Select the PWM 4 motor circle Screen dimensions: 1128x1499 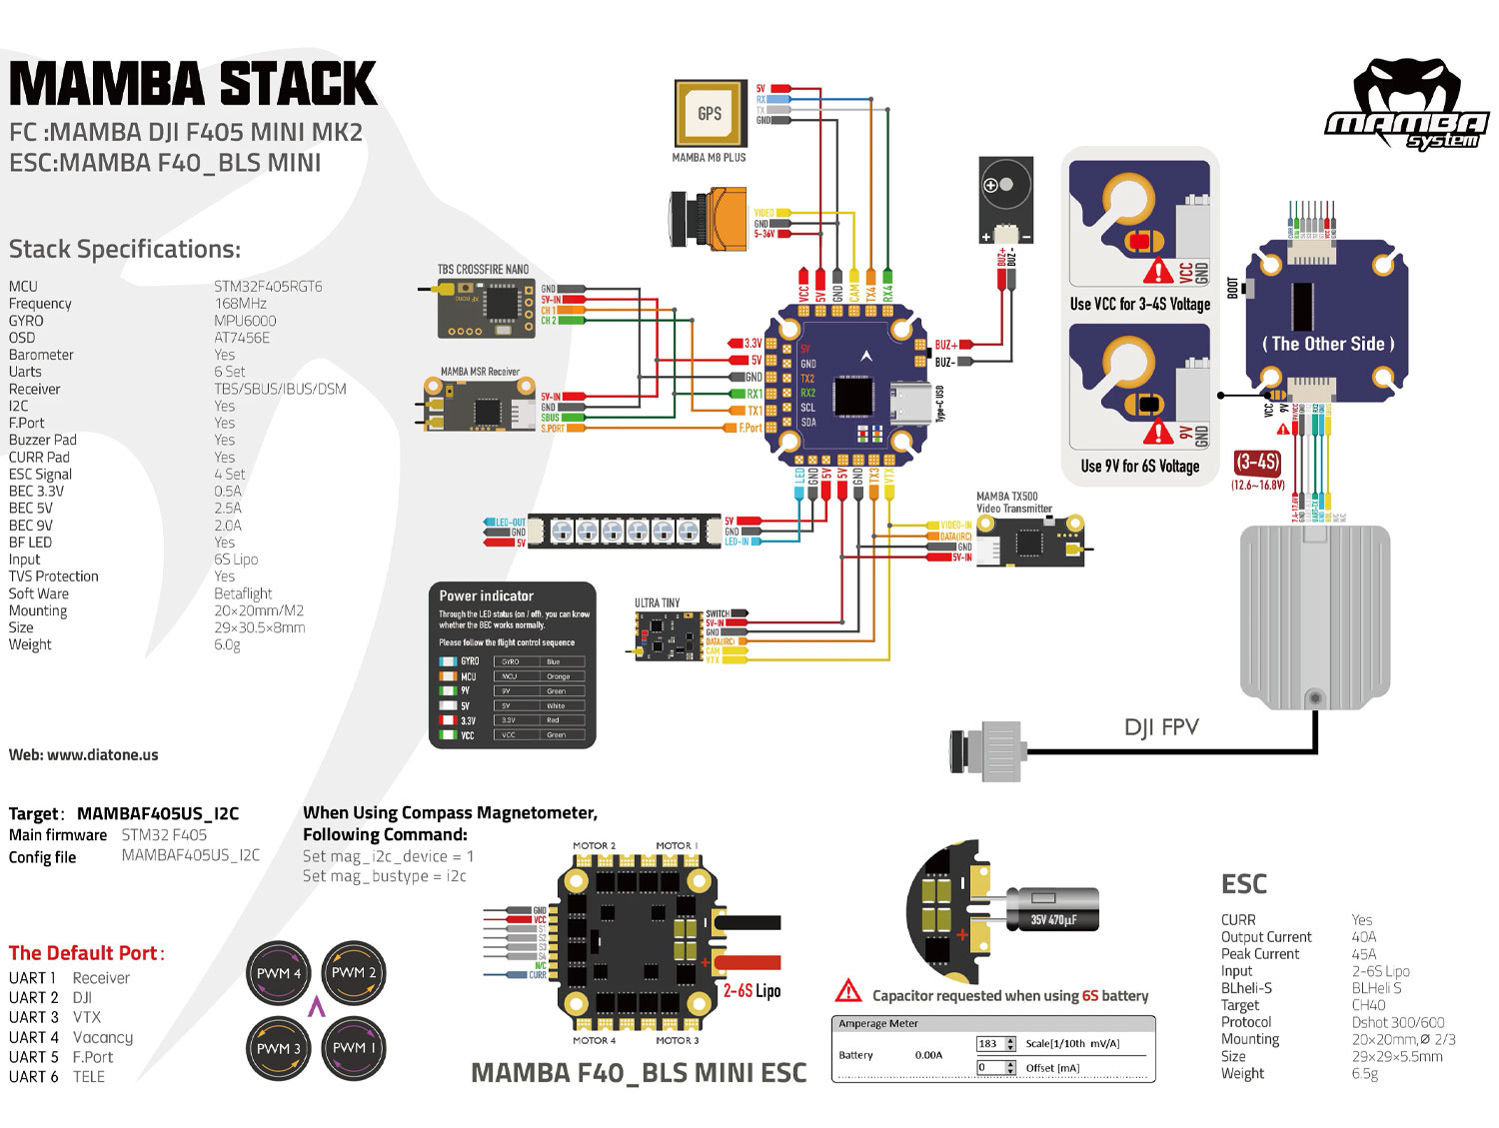279,973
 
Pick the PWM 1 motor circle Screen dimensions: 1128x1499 354,1048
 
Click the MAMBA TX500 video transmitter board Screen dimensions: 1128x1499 1029,542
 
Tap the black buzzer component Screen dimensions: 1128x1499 1006,200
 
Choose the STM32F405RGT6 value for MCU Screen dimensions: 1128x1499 268,287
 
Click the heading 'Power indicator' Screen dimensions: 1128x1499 487,595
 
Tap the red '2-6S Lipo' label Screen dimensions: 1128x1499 751,991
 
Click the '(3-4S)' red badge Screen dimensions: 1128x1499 1257,463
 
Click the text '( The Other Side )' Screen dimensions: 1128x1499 1327,344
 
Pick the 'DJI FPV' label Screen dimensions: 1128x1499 1161,727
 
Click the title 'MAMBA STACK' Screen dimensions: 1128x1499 193,84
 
